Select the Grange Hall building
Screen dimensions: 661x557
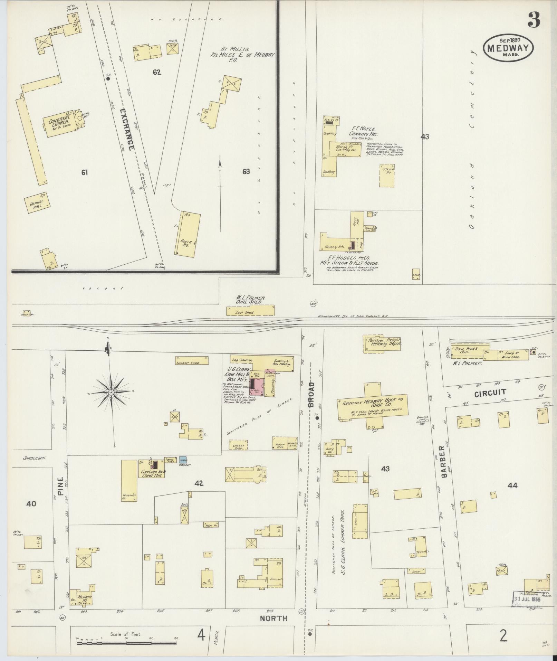(37, 203)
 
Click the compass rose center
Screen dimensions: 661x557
(111, 393)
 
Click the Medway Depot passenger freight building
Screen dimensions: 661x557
(382, 343)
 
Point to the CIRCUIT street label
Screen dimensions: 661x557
(490, 392)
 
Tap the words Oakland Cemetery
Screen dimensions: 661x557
(471, 138)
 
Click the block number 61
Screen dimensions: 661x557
(85, 172)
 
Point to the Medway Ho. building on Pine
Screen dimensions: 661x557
(83, 598)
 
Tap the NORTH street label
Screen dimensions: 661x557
(273, 618)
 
